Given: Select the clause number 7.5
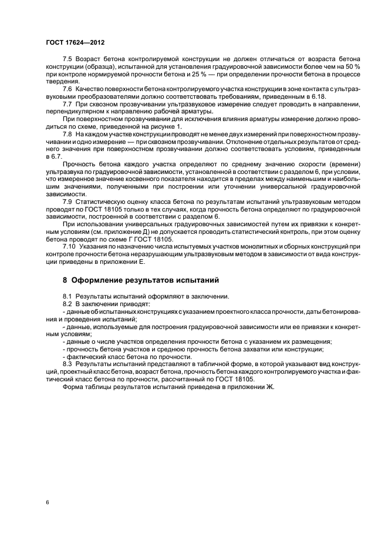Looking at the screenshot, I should click(68, 61).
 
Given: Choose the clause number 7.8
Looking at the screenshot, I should click(68, 135).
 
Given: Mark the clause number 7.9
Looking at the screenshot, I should click(68, 202).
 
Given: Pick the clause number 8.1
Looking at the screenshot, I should click(68, 296).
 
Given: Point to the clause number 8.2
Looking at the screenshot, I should click(68, 304).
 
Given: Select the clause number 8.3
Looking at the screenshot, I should click(68, 364).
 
